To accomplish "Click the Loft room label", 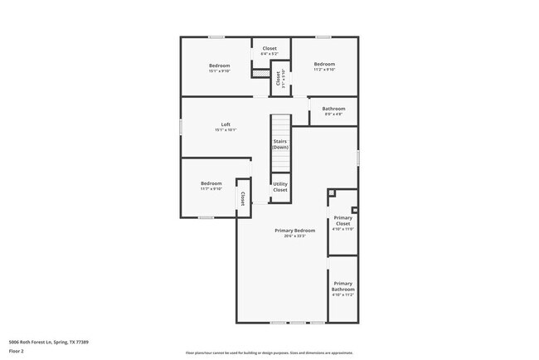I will point(226,124).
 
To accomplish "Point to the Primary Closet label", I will point(343,221).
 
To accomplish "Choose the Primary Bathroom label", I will point(343,286).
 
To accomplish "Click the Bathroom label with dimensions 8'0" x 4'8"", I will point(333,109).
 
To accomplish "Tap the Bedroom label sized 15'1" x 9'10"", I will point(219,65).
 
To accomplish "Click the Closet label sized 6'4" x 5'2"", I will point(269,48).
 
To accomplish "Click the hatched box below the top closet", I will point(261,73).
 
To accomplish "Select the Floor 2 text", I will point(17,351).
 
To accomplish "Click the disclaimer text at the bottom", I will point(269,353).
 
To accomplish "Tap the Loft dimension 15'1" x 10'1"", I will point(226,130).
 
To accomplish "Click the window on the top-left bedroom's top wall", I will point(216,36).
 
